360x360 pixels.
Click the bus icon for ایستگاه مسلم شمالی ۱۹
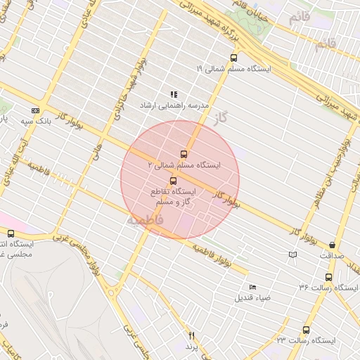233,58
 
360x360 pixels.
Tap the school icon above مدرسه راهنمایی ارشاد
174,94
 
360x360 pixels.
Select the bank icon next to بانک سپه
35,110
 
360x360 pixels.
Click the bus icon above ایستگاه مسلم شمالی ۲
184,153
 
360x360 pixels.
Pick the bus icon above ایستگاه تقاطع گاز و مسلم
174,181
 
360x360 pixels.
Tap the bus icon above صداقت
332,245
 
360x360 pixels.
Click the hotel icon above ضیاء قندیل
252,287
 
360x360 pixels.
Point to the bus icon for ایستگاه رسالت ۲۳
306,330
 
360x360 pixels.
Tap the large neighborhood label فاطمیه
145,220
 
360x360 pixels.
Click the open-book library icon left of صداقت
292,255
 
